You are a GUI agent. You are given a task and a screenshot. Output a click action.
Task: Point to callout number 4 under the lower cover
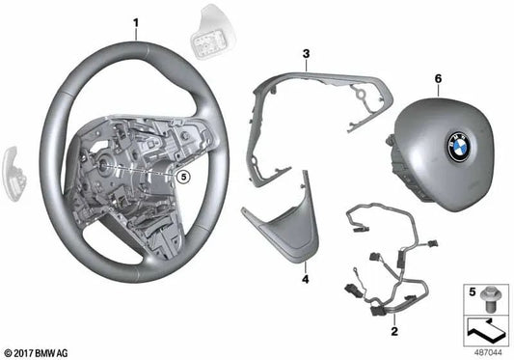pyautogui.click(x=305, y=279)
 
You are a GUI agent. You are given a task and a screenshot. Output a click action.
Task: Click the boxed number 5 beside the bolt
pyautogui.click(x=472, y=291)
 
